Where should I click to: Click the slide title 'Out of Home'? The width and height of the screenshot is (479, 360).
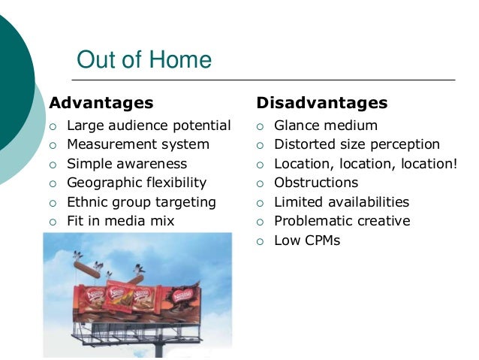click(x=144, y=60)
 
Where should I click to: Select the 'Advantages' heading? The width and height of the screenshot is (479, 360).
click(x=101, y=102)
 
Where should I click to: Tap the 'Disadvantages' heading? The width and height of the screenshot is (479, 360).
click(x=321, y=102)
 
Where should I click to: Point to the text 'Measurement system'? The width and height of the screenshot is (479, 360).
click(x=138, y=144)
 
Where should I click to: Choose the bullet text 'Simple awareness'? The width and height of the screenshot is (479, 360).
click(x=127, y=163)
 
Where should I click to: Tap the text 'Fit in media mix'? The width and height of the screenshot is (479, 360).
click(x=120, y=221)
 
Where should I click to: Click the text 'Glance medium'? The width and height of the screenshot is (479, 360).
click(x=325, y=125)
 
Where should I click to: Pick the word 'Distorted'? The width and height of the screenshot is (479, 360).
click(x=305, y=144)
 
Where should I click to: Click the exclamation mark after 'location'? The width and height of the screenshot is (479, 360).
click(x=454, y=163)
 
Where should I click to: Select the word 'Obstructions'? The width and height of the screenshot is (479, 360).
click(x=316, y=182)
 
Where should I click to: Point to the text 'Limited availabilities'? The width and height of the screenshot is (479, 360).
click(x=342, y=201)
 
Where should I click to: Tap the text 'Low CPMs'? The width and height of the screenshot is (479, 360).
click(x=307, y=241)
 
